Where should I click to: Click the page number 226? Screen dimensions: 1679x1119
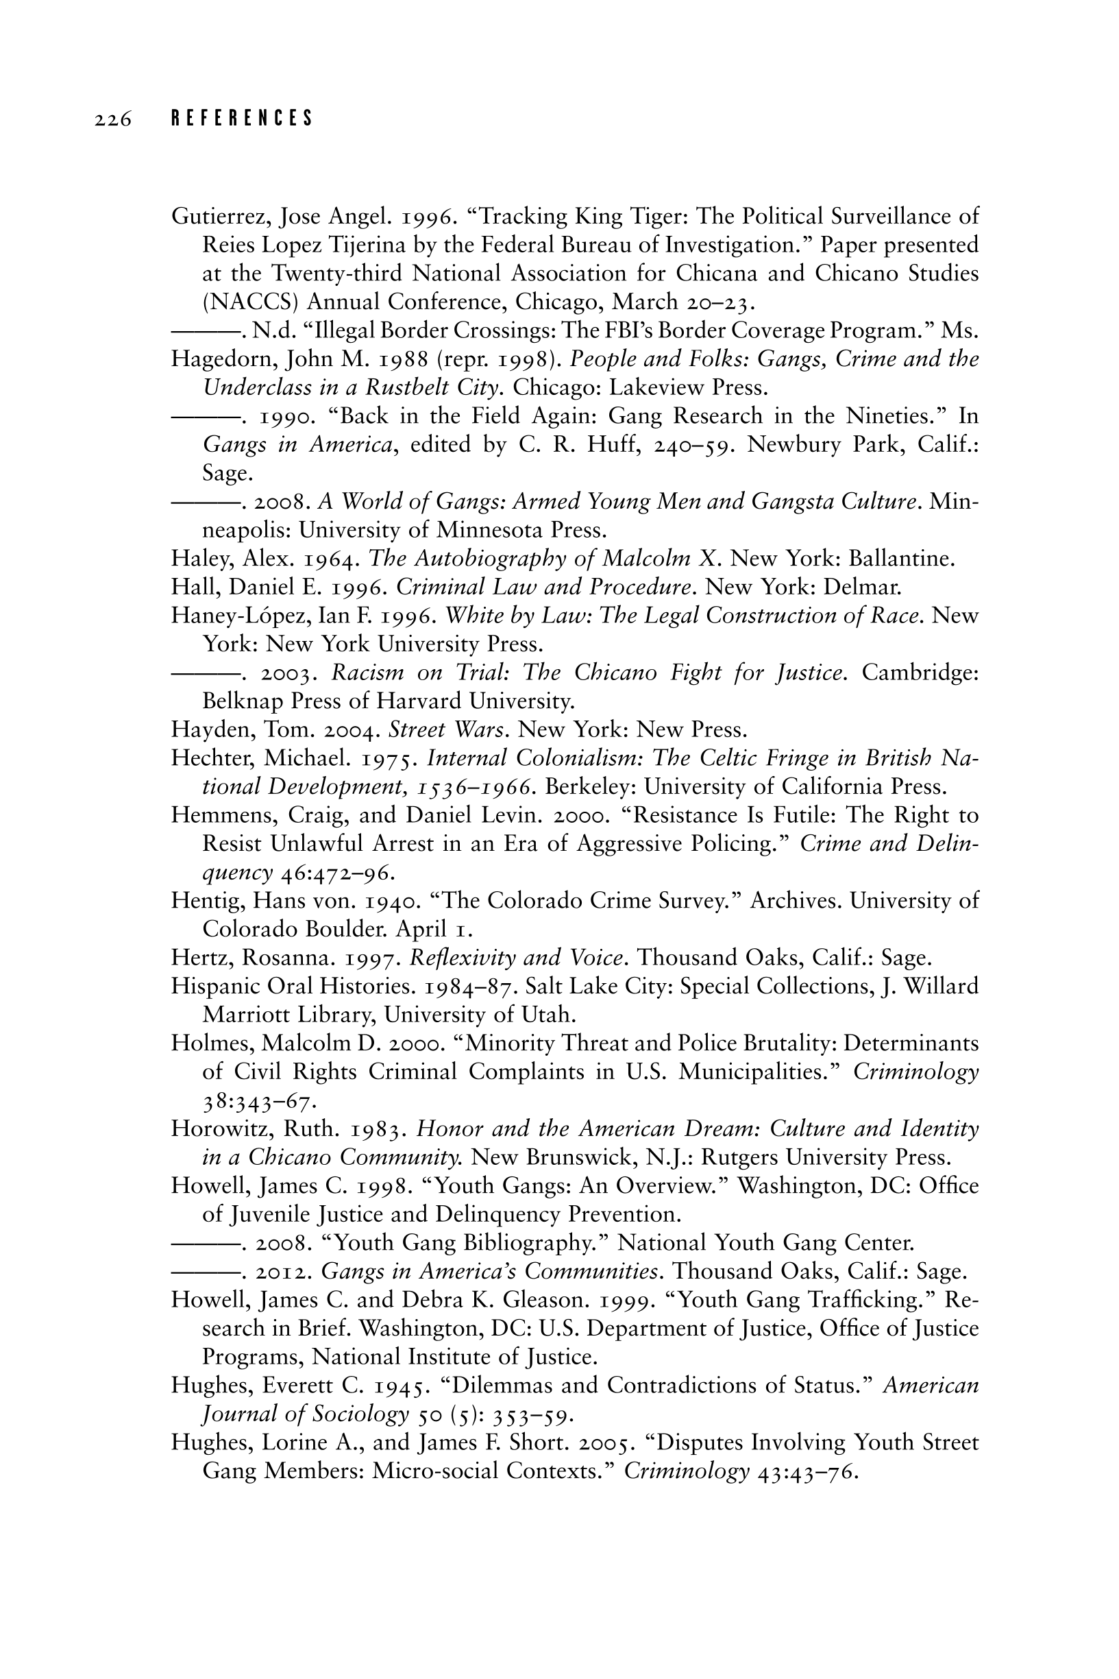coord(113,119)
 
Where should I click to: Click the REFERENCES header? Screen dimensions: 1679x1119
coord(242,119)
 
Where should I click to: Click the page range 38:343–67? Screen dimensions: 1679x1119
coord(259,1102)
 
